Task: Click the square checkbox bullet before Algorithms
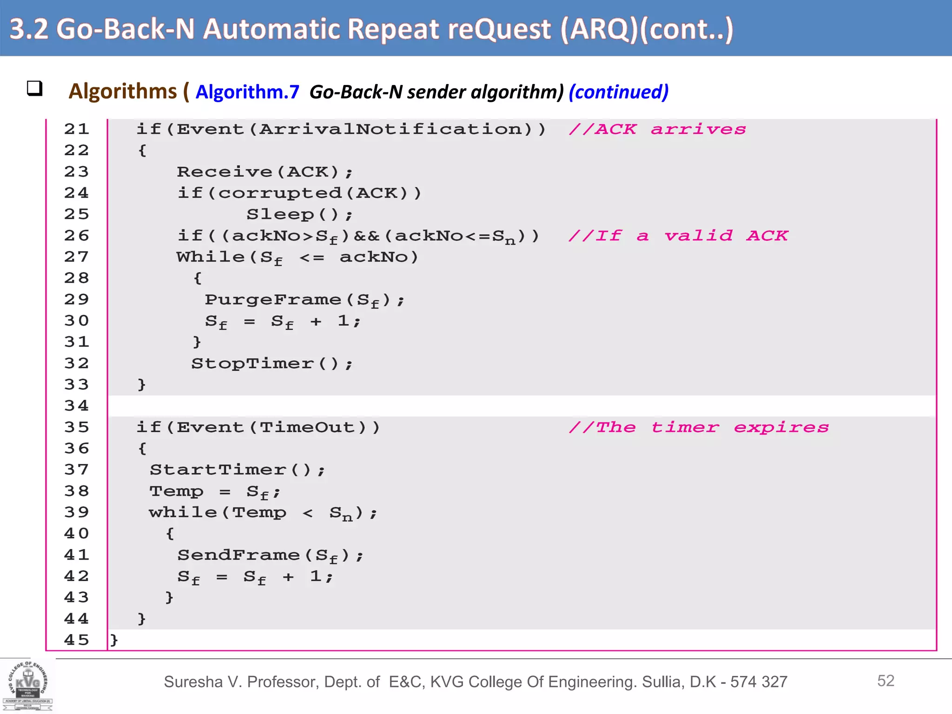(x=34, y=88)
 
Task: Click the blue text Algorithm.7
(x=247, y=92)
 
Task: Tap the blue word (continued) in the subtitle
(x=618, y=92)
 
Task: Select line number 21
(x=77, y=129)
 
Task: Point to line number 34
(x=77, y=406)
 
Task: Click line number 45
(x=77, y=640)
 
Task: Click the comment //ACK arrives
(x=657, y=129)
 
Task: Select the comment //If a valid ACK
(x=678, y=236)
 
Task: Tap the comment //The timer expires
(x=699, y=427)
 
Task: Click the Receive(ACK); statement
(x=265, y=172)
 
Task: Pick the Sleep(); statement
(x=300, y=214)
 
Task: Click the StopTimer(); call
(x=272, y=364)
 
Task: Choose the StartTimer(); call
(x=238, y=469)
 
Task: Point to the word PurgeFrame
(x=273, y=299)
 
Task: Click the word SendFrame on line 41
(x=238, y=555)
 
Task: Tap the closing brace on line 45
(x=114, y=640)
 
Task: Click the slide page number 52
(x=886, y=681)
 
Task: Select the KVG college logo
(x=28, y=685)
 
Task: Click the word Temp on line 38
(x=177, y=491)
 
